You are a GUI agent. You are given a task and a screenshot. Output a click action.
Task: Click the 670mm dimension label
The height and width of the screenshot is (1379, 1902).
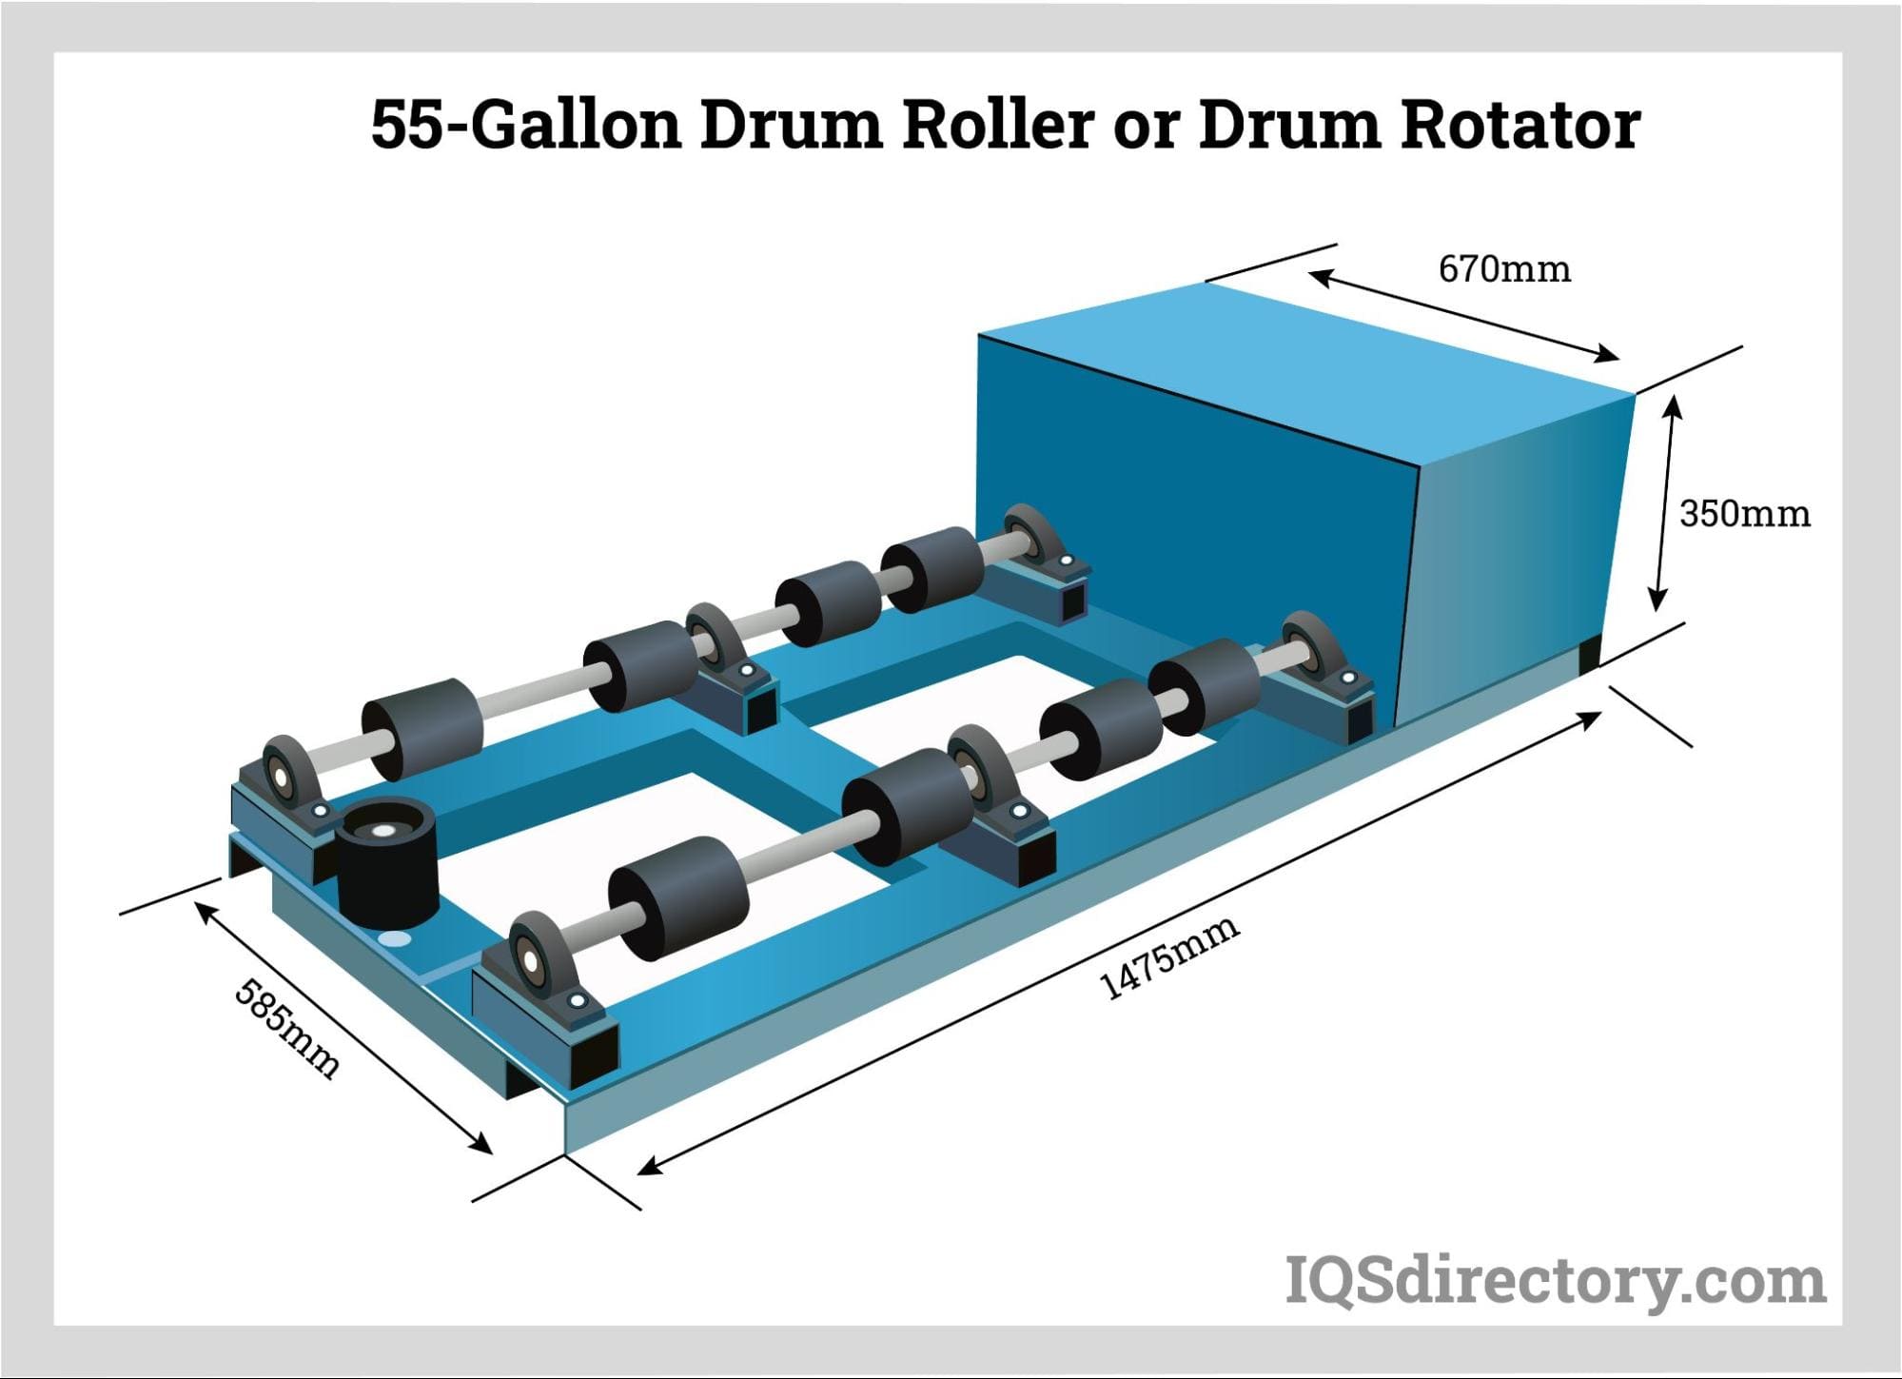point(1503,269)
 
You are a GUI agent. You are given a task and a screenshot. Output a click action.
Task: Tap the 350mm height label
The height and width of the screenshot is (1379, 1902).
point(1744,514)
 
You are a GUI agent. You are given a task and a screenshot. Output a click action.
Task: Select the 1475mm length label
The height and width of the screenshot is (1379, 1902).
point(1169,956)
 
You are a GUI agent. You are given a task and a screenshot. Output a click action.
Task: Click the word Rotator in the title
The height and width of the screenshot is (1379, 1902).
point(1520,125)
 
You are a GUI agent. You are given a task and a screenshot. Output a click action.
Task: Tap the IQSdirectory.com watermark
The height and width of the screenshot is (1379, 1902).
point(1555,1281)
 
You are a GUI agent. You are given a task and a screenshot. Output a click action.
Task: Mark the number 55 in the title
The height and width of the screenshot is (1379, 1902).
point(407,125)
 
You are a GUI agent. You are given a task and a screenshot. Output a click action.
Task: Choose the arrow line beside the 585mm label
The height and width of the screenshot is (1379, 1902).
point(343,1029)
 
